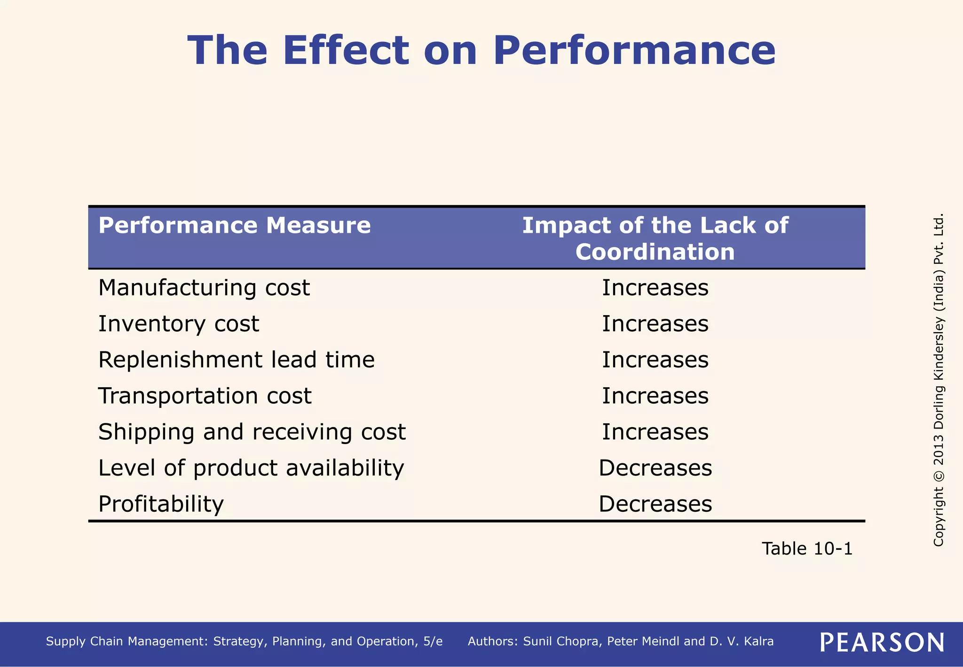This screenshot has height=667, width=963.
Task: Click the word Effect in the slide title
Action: (346, 51)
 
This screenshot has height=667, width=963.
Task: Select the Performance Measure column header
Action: (234, 225)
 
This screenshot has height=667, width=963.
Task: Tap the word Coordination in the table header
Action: (655, 252)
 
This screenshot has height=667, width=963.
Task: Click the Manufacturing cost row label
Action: (204, 288)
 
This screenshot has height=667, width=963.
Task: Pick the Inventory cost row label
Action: (178, 324)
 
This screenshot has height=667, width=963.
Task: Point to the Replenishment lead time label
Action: (236, 360)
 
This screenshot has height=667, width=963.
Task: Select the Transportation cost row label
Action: (205, 396)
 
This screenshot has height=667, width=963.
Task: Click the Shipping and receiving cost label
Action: (252, 432)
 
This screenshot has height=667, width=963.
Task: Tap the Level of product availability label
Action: (251, 468)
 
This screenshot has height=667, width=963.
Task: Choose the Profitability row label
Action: (161, 504)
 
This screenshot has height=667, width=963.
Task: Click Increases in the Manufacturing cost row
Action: (655, 288)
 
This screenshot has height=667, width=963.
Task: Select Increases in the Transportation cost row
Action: (655, 396)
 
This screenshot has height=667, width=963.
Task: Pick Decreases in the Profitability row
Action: (655, 504)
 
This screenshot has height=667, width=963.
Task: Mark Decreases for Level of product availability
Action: (655, 468)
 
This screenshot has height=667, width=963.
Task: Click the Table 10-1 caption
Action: (807, 549)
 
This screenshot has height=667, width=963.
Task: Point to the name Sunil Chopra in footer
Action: (561, 642)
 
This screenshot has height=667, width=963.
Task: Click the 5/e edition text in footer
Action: (433, 642)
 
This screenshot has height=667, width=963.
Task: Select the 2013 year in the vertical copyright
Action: (939, 445)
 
